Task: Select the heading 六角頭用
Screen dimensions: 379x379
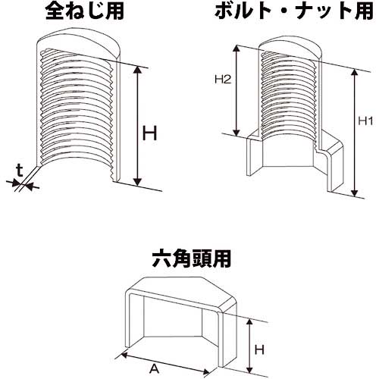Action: [x=188, y=258]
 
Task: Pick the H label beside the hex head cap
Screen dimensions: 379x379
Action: [x=259, y=349]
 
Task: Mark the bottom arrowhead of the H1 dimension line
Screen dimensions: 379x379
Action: [x=355, y=194]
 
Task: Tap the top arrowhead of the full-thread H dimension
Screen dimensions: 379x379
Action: [x=138, y=67]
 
